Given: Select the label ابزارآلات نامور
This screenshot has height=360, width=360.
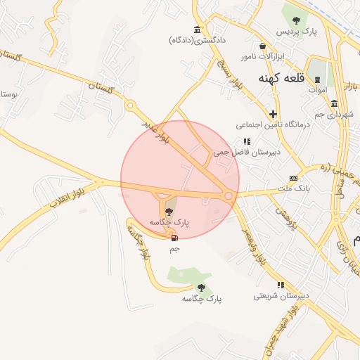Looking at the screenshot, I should tap(262, 56).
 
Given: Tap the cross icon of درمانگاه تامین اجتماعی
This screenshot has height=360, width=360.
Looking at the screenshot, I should tap(273, 114).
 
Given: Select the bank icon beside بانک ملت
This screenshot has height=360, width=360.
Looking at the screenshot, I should tap(293, 178).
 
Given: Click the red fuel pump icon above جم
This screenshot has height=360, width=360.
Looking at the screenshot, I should tap(174, 238).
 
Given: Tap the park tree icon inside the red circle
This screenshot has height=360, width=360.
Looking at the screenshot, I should tap(169, 211).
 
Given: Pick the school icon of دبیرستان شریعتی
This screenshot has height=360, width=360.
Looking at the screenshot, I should tap(281, 285).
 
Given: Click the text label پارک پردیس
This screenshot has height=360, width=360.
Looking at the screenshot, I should tap(292, 32).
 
